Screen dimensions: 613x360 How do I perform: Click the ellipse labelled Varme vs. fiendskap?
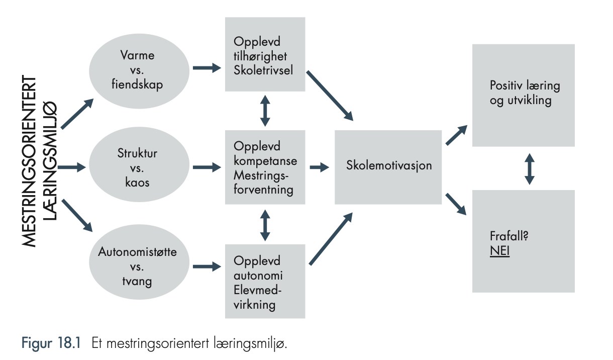(x=139, y=71)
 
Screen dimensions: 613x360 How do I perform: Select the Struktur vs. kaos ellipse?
(x=139, y=164)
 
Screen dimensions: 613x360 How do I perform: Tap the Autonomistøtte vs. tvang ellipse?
(x=139, y=262)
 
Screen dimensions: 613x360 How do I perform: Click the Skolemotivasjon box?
(x=388, y=167)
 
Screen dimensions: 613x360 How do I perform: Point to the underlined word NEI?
(x=500, y=251)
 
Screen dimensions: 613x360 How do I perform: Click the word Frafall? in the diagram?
(x=508, y=236)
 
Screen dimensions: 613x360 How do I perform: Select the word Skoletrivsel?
(x=263, y=70)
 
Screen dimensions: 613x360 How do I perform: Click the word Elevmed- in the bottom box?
(x=258, y=290)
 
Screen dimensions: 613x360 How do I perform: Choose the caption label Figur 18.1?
(x=51, y=343)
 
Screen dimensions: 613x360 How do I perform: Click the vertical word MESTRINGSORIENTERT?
(x=29, y=161)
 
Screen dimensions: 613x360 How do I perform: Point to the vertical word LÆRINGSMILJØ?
(x=50, y=161)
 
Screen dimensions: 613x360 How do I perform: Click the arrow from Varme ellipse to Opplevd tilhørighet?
(x=207, y=68)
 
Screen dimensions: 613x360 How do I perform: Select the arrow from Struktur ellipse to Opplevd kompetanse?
(x=207, y=167)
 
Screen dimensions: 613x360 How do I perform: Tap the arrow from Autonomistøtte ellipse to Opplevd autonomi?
(x=207, y=266)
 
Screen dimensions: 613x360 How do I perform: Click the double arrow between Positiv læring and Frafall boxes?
(x=530, y=169)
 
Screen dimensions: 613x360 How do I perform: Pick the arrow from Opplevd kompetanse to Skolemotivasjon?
(x=320, y=167)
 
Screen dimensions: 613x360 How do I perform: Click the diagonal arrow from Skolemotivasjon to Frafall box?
(x=456, y=204)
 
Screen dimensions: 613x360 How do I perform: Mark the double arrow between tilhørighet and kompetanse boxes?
(x=265, y=111)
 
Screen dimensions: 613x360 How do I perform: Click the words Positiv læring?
(x=525, y=85)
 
